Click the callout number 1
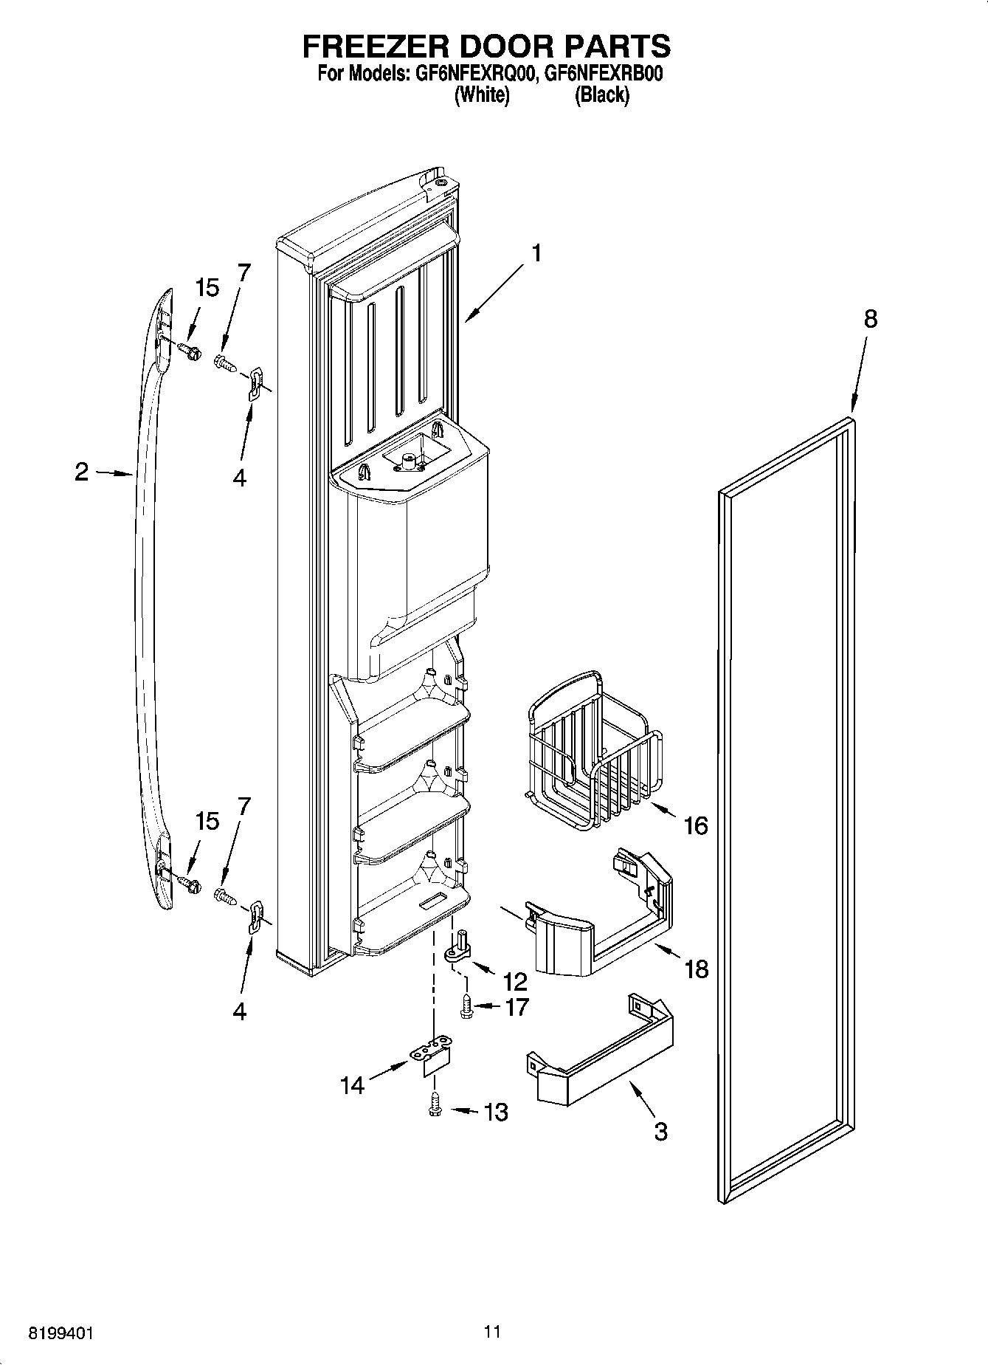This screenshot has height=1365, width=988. point(536,254)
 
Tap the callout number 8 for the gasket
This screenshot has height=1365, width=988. point(871,319)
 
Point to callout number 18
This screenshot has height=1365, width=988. point(697,969)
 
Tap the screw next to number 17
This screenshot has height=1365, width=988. point(466,1007)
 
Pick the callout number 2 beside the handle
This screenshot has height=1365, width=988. point(82,472)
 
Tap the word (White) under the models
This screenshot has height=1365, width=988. point(482,95)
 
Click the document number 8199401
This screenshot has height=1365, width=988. point(61,1333)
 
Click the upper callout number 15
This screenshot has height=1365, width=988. point(207,288)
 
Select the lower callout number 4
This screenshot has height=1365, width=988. point(239,1011)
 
